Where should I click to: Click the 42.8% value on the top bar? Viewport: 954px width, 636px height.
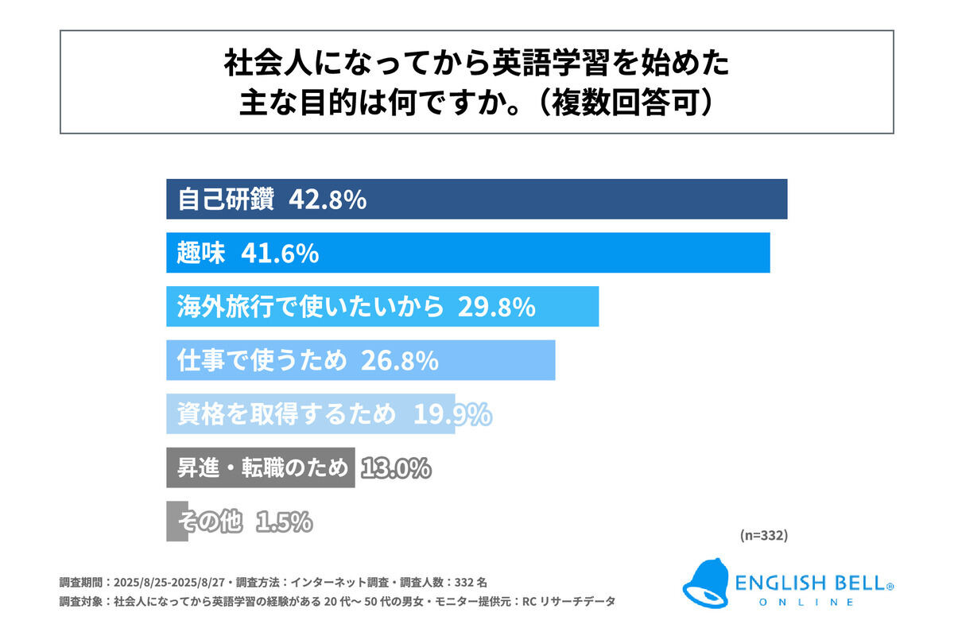pyautogui.click(x=328, y=200)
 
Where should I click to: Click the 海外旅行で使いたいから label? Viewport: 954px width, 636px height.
pyautogui.click(x=310, y=307)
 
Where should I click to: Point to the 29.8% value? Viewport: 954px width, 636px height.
pyautogui.click(x=495, y=307)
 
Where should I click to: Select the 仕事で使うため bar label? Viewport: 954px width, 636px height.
pyautogui.click(x=262, y=361)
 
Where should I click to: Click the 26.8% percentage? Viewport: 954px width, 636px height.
pyautogui.click(x=400, y=361)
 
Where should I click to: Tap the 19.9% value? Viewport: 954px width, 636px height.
pyautogui.click(x=452, y=414)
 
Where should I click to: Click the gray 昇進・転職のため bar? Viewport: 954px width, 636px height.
pyautogui.click(x=260, y=468)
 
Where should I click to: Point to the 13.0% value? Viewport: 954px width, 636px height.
pyautogui.click(x=395, y=468)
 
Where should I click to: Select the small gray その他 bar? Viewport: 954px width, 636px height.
pyautogui.click(x=176, y=522)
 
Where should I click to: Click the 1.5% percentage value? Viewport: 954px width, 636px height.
pyautogui.click(x=284, y=522)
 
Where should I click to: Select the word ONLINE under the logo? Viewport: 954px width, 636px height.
pyautogui.click(x=807, y=603)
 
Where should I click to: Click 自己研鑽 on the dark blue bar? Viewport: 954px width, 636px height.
pyautogui.click(x=225, y=200)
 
